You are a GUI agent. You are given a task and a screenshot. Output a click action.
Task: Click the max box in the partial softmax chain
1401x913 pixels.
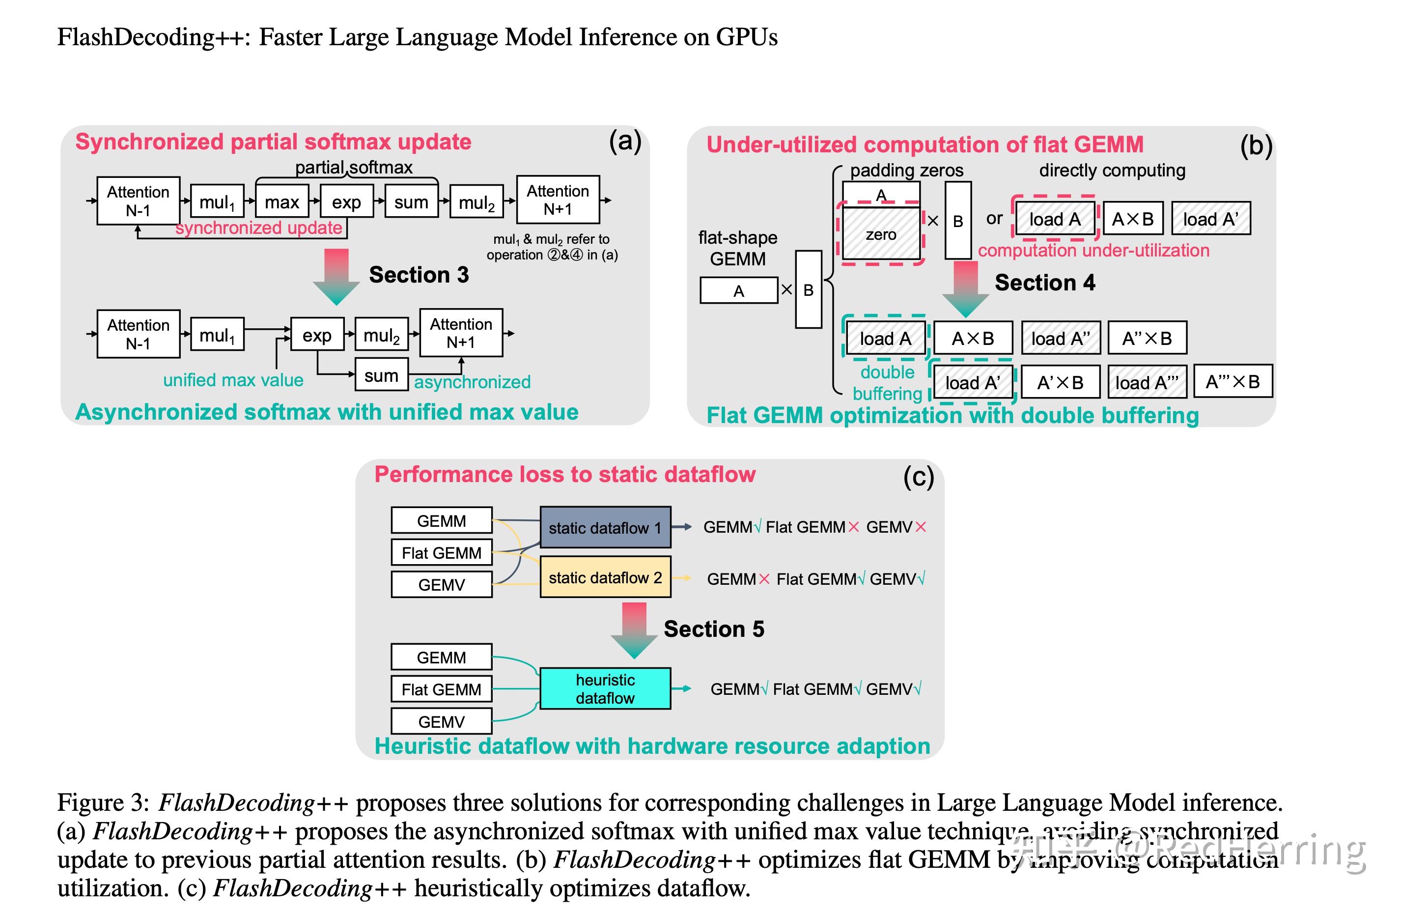282,202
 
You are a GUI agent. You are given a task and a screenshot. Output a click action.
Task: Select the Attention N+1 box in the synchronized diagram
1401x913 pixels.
558,200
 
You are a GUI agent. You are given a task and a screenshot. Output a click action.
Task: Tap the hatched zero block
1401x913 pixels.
881,234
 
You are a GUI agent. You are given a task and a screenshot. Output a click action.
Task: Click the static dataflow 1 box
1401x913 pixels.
605,527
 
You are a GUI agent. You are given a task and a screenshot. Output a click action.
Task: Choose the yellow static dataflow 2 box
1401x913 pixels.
605,577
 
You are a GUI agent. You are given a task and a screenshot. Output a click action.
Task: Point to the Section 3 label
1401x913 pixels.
419,275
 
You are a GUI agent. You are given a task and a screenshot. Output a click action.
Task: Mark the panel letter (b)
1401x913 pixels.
1256,145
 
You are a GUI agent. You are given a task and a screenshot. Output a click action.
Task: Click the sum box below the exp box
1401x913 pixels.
382,375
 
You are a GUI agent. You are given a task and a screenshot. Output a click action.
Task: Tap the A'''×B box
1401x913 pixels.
1233,382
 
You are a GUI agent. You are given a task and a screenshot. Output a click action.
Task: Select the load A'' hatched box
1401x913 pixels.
1061,339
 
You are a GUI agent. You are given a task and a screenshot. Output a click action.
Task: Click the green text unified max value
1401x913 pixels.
233,380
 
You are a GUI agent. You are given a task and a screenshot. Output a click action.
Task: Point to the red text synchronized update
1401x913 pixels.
258,228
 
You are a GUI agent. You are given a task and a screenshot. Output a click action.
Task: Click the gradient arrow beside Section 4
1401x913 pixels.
965,289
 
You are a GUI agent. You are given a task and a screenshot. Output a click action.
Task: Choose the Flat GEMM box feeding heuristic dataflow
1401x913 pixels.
442,689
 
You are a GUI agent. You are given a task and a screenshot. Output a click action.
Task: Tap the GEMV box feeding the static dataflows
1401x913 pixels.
442,585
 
